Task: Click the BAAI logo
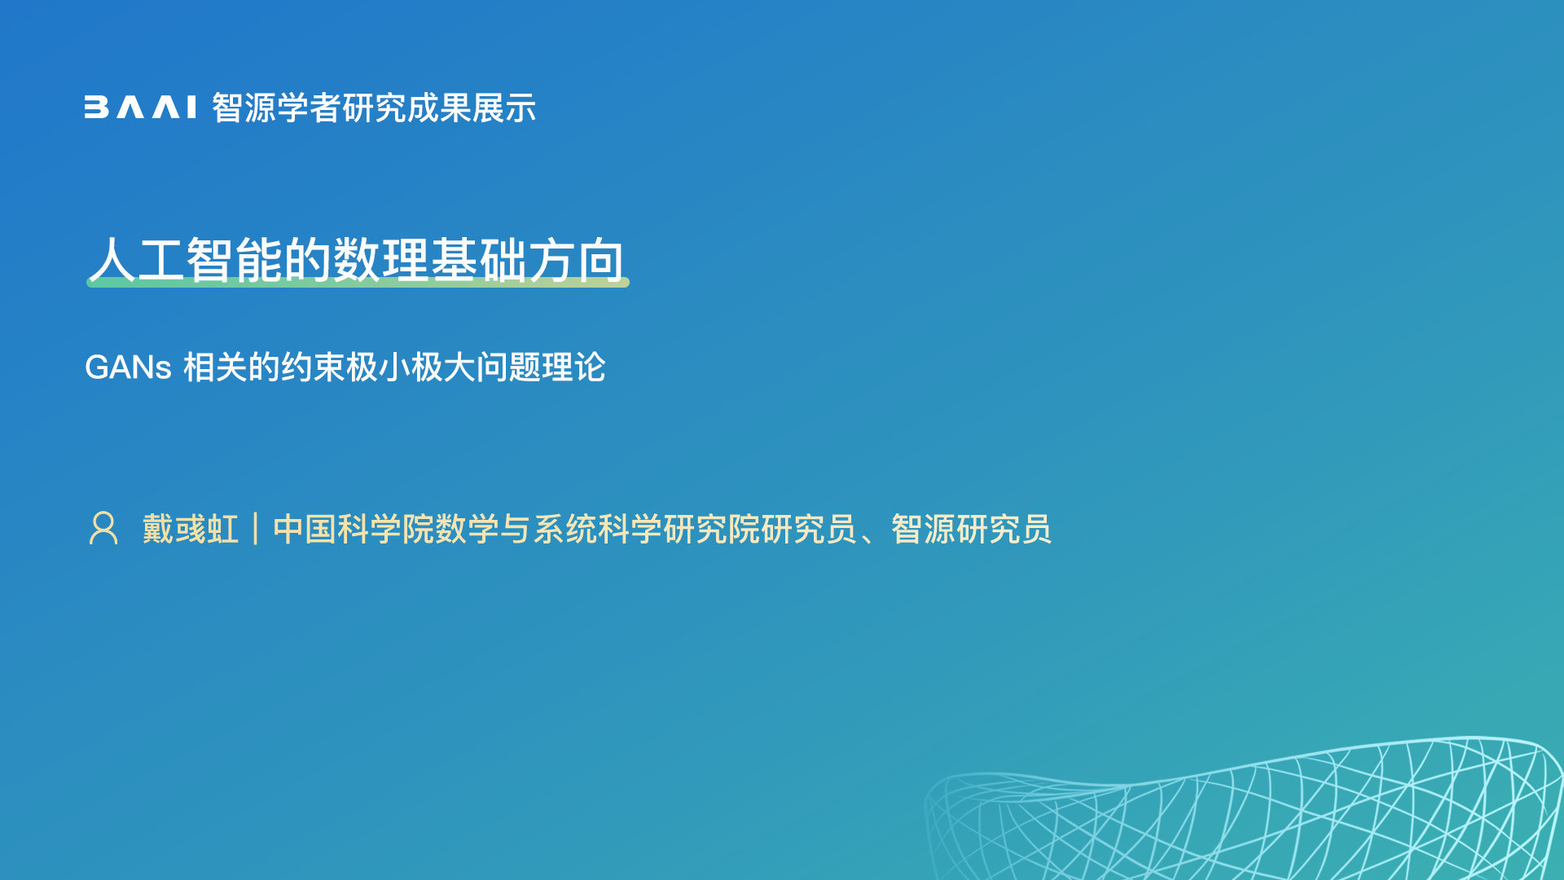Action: (x=140, y=108)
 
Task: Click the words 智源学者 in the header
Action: (x=276, y=108)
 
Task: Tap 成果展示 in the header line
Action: (x=472, y=108)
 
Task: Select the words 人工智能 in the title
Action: (x=186, y=260)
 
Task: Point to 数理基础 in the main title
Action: (x=430, y=260)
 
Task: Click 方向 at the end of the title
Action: (x=577, y=260)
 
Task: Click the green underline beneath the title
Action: (x=358, y=282)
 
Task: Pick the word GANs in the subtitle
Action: (x=128, y=367)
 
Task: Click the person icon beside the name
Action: (x=103, y=528)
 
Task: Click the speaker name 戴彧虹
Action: (x=191, y=529)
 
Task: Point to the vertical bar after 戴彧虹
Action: (x=256, y=529)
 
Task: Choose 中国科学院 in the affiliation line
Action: (x=354, y=529)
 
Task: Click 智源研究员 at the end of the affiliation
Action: (x=972, y=529)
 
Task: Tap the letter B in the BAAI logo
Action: (x=96, y=108)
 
